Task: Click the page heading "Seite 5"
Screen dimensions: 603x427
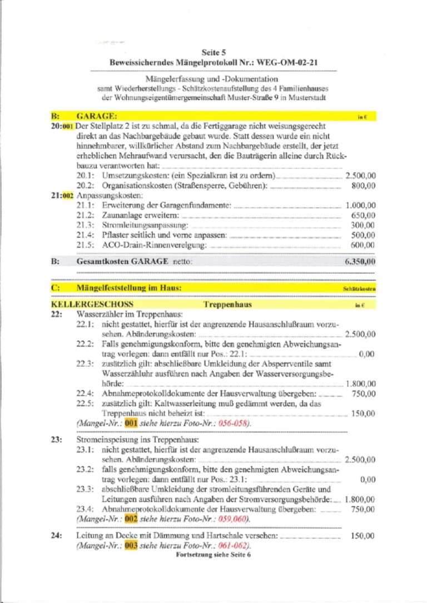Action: point(213,50)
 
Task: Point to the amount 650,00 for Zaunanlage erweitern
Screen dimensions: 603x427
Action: point(364,215)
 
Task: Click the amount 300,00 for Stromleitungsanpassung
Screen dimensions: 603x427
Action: point(364,225)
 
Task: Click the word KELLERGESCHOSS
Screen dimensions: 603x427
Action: point(92,305)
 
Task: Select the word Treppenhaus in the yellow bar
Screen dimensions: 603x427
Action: point(227,305)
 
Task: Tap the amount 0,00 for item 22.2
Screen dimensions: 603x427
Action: point(368,353)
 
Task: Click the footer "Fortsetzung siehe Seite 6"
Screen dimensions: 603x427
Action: point(213,555)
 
